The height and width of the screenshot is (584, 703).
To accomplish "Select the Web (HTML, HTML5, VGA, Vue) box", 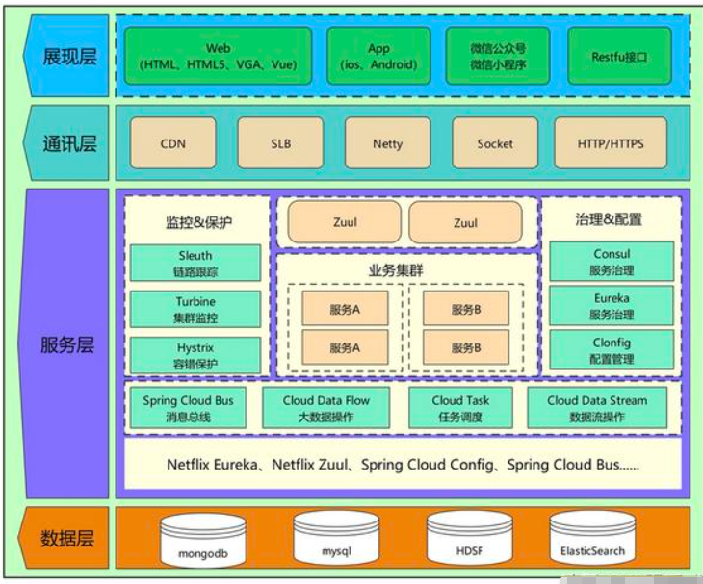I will pos(218,57).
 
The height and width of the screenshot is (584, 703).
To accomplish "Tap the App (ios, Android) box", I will pos(378,57).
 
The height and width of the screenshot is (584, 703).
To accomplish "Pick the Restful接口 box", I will pos(619,57).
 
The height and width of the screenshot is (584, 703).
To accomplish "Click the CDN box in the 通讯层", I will pos(173,144).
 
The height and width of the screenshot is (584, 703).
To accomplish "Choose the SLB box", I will pos(280,144).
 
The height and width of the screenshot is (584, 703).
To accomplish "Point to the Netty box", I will pos(387,144).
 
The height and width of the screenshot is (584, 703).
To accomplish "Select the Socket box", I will pos(495,144).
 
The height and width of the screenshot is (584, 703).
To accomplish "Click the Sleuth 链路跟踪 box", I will pos(195,264).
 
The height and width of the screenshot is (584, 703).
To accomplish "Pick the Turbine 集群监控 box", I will pos(195,310).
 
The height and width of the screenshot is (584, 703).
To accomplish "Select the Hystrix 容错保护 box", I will pos(195,355).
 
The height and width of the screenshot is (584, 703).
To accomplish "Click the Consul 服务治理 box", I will pos(612,262).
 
